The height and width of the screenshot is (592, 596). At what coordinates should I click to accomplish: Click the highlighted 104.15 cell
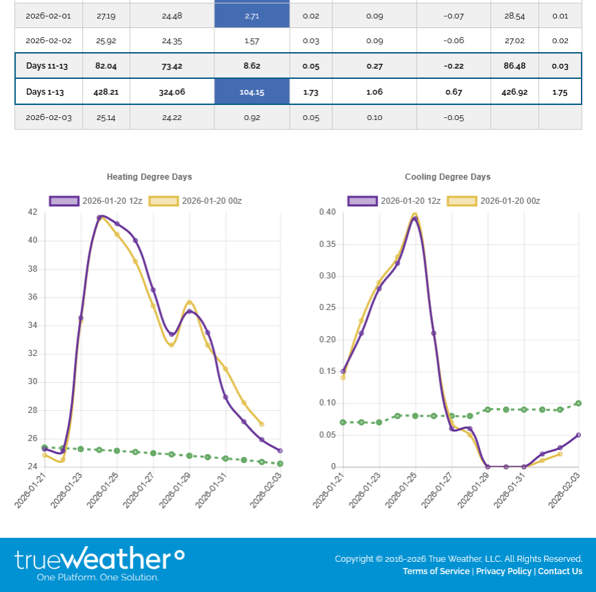pos(251,92)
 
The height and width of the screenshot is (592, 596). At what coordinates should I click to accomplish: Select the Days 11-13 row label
pos(48,66)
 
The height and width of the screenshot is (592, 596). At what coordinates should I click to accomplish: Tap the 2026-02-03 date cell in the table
pos(49,117)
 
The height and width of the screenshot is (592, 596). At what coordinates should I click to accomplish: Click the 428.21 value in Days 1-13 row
pos(106,92)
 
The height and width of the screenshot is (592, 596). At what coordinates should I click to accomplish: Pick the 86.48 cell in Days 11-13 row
pos(514,66)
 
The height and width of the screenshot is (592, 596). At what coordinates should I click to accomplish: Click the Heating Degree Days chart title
pos(149,177)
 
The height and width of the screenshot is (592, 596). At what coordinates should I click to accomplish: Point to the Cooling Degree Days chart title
pos(447,177)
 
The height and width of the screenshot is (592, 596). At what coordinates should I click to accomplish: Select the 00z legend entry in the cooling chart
pos(493,201)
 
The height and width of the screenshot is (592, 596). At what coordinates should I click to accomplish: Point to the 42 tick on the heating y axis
pos(33,212)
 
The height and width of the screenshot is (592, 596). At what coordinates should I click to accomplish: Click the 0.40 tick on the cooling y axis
pos(327,212)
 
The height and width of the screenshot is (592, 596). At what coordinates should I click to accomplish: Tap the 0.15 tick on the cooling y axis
pos(327,371)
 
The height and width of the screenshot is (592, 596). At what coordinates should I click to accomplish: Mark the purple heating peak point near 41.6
pos(99,217)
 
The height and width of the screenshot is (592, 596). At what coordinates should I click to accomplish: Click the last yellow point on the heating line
pos(262,424)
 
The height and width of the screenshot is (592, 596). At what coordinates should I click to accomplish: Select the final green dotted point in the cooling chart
pos(578,403)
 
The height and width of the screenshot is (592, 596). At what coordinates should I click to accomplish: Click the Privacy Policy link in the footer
pos(504,571)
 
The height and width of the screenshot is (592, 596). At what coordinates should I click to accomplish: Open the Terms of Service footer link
pos(436,571)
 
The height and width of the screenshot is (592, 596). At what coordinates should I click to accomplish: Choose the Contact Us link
pos(560,571)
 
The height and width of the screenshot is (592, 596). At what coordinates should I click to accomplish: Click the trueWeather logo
pos(99,563)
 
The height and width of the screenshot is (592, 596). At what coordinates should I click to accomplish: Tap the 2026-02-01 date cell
pos(49,15)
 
